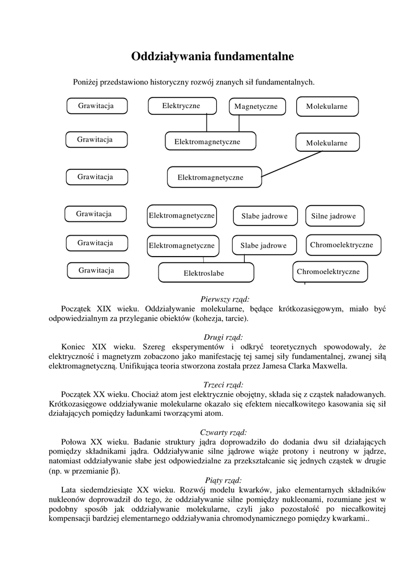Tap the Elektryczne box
tap(181, 106)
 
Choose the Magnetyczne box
tap(256, 106)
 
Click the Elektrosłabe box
tap(205, 272)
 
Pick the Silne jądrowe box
tap(334, 216)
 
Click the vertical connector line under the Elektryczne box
tap(207, 122)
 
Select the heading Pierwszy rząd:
tap(225, 298)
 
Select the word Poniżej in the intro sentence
tap(86, 82)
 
